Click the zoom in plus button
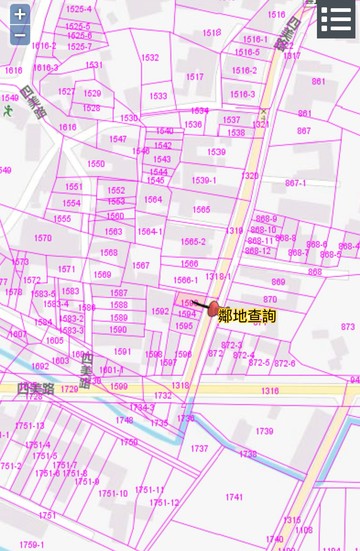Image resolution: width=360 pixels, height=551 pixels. point(20,15)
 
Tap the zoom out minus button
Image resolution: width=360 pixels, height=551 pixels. point(20,35)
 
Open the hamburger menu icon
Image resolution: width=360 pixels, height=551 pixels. point(336,19)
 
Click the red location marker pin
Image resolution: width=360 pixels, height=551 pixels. point(213,309)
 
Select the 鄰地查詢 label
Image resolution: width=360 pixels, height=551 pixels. point(247,316)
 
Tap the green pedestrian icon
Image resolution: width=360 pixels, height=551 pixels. point(8,111)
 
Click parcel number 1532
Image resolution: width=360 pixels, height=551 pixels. point(150,58)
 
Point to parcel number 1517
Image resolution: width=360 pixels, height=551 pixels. point(194,77)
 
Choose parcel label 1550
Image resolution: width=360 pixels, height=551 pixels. point(96,164)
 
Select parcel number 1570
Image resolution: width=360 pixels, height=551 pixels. point(43,239)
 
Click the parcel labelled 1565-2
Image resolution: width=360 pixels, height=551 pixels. point(193,242)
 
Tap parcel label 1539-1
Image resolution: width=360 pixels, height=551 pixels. point(203,180)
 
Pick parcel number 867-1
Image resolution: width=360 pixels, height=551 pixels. point(296,183)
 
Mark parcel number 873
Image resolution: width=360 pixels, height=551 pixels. point(348,327)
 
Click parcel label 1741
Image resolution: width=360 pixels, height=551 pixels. point(234,497)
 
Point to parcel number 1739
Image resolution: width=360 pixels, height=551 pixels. point(264,431)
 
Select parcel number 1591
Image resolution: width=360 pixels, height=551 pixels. point(122,352)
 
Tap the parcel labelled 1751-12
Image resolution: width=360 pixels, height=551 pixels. point(164,503)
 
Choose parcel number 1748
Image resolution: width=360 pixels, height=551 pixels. point(124,420)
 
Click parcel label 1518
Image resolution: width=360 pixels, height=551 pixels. point(211,33)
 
